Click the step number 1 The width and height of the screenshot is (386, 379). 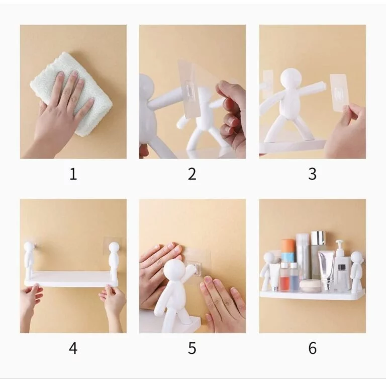point(73,174)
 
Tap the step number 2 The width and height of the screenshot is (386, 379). point(192,174)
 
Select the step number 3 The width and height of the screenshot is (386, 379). point(312,174)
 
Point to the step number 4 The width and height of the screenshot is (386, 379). point(73,348)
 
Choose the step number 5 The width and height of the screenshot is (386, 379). point(192,348)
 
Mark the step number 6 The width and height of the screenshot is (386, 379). point(312,348)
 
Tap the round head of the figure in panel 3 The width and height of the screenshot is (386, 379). point(291,78)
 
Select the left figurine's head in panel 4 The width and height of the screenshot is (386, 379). point(29,247)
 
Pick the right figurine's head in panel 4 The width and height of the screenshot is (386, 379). point(114,247)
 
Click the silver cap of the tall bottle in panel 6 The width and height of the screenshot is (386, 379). point(318,238)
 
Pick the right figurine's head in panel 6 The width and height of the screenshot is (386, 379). point(356,257)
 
